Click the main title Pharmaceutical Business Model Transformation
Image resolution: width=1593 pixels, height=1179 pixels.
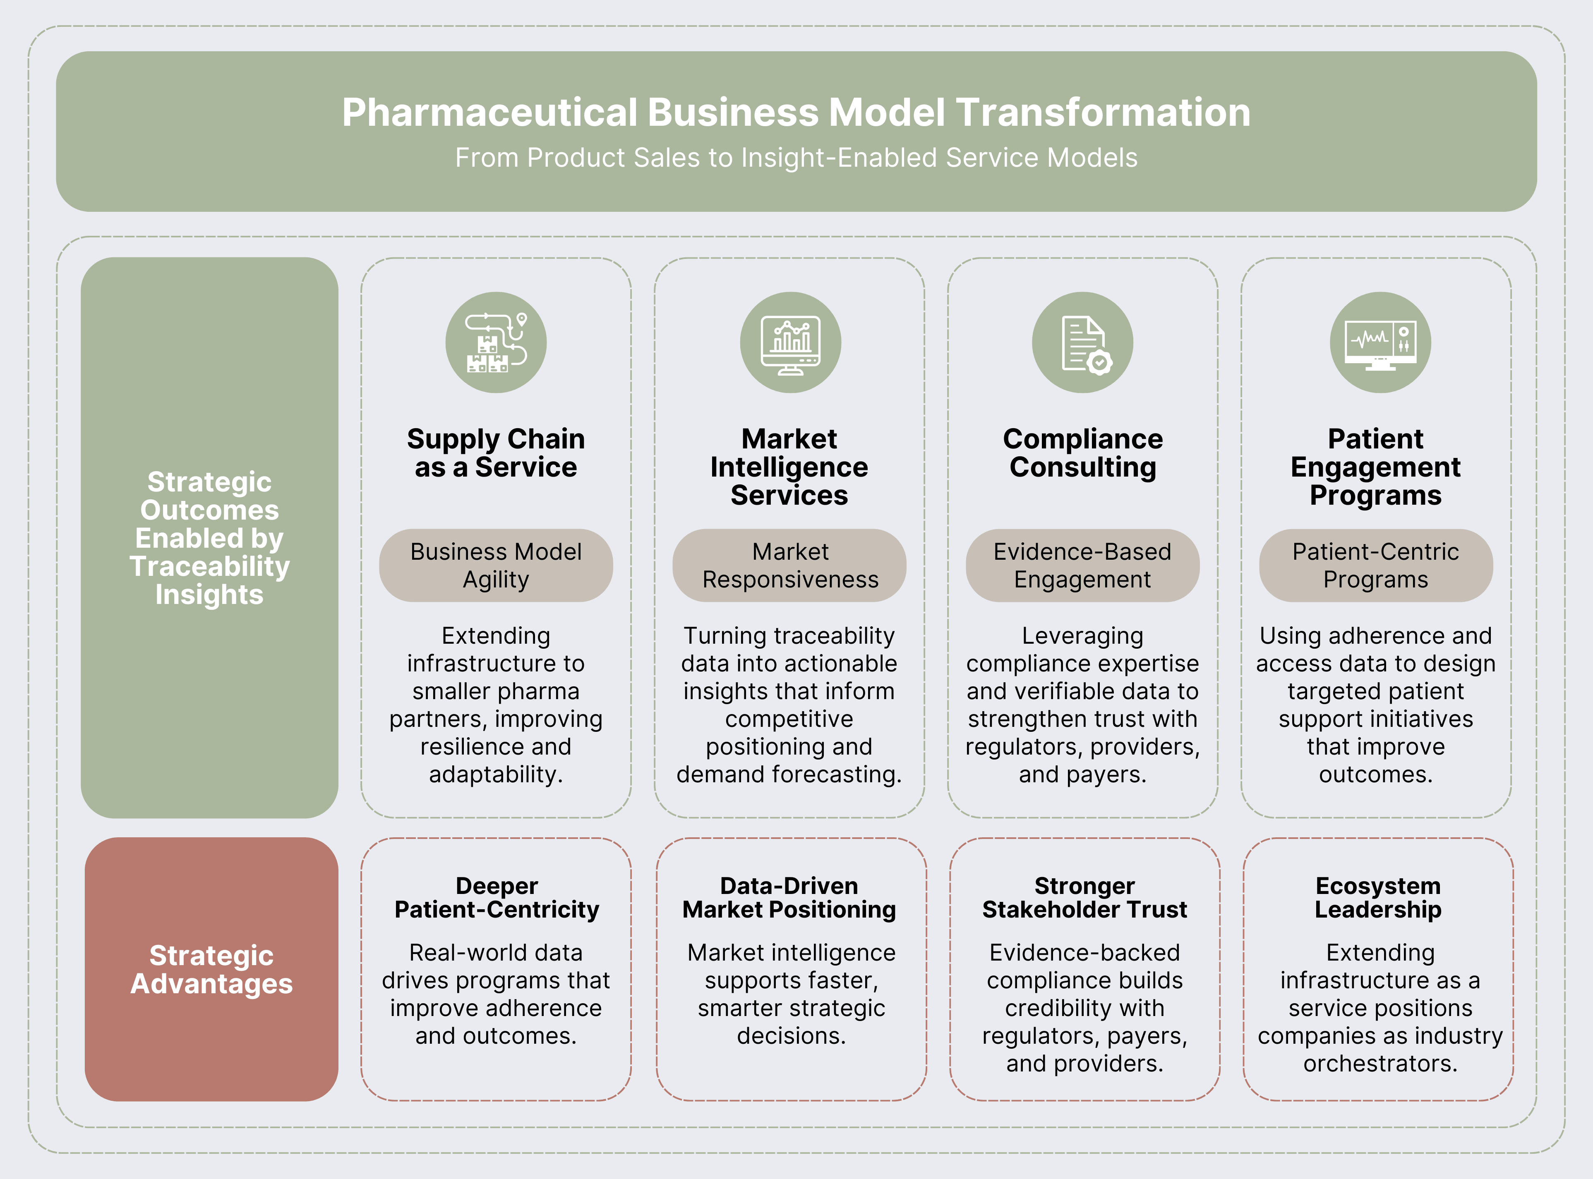tap(796, 113)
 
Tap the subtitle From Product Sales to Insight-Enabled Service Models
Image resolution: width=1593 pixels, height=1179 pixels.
tap(796, 158)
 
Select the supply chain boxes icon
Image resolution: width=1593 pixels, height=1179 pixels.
tap(496, 343)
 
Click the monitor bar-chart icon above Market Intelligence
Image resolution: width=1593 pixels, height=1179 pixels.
tap(790, 343)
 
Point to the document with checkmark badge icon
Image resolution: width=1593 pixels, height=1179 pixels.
tap(1083, 343)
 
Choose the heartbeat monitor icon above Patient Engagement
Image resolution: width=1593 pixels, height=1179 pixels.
tap(1379, 343)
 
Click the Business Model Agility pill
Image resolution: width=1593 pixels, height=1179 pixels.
tap(496, 565)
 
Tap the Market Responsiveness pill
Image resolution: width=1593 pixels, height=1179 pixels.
tap(789, 565)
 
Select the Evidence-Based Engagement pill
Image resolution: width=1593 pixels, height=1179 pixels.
tap(1083, 565)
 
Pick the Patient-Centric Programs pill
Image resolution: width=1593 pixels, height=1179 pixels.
tap(1375, 565)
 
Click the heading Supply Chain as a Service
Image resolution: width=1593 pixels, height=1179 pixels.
tap(496, 453)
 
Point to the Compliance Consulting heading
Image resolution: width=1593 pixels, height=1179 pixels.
tap(1083, 453)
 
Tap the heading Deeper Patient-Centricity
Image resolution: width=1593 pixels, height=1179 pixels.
tap(497, 897)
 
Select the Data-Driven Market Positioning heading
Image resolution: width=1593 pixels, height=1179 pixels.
tap(789, 897)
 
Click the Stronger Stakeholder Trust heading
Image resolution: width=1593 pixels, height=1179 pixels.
tap(1084, 897)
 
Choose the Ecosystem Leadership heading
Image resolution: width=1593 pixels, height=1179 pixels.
tap(1378, 897)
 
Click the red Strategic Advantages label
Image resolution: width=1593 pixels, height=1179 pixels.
tap(211, 969)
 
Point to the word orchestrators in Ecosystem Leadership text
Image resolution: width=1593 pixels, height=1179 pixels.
tap(1379, 1064)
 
